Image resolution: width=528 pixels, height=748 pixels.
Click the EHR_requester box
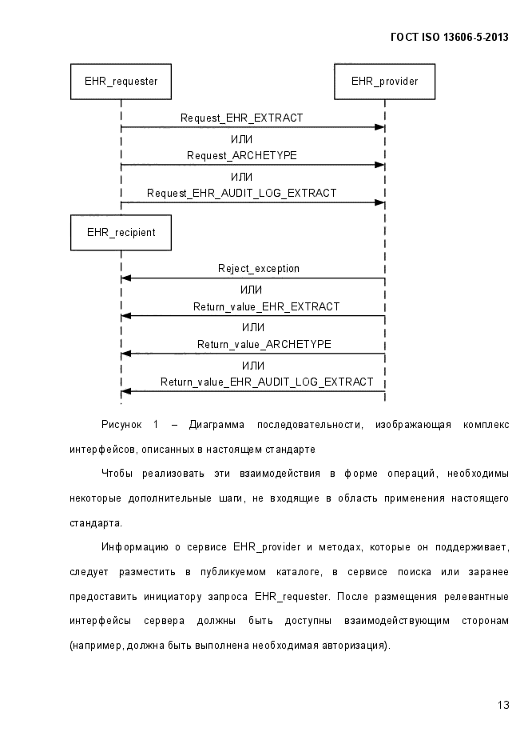121,82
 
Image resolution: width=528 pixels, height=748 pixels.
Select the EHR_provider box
385,82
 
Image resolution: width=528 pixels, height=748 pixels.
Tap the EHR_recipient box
121,232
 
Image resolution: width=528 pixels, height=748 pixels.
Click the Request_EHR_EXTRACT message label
241,118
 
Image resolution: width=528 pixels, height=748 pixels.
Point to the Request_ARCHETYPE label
241,155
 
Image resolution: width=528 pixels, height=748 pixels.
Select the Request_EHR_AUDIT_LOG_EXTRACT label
241,194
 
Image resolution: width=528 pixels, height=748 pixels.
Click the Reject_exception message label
259,269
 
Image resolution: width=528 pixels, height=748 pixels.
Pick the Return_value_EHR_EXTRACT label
266,306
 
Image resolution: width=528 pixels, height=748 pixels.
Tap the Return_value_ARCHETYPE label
264,345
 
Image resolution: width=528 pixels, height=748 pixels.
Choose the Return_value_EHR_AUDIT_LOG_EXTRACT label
267,382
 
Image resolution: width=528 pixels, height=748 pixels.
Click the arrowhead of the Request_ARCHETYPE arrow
380,165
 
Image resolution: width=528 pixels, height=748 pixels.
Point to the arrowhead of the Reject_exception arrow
126,278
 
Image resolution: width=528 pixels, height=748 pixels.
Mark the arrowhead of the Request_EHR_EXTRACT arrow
380,127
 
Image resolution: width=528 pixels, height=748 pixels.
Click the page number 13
503,705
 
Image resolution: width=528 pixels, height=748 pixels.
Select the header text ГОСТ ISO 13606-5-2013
450,38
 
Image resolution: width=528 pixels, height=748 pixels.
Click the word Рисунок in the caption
121,425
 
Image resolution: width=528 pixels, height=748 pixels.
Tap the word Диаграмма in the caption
216,425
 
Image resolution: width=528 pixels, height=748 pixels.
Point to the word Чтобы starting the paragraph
117,474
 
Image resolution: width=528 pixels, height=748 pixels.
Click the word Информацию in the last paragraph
135,547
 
